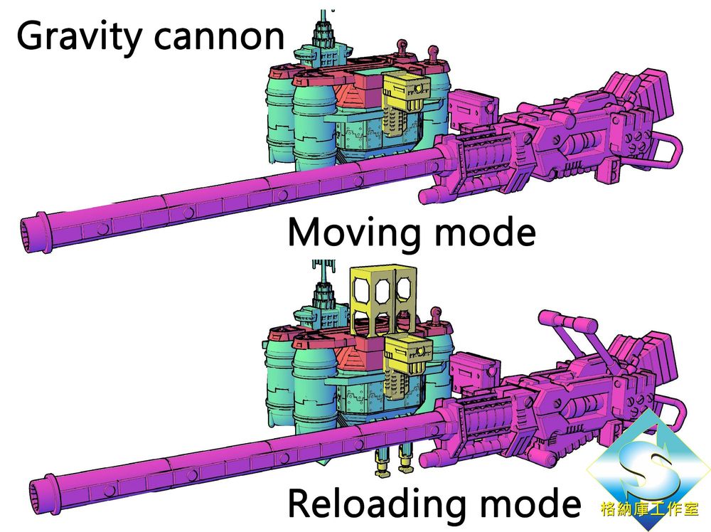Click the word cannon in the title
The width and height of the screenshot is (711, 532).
(220, 37)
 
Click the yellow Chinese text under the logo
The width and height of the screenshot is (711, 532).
(649, 509)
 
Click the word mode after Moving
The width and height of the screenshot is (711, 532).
(485, 232)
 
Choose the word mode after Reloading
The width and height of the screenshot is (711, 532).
(530, 504)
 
